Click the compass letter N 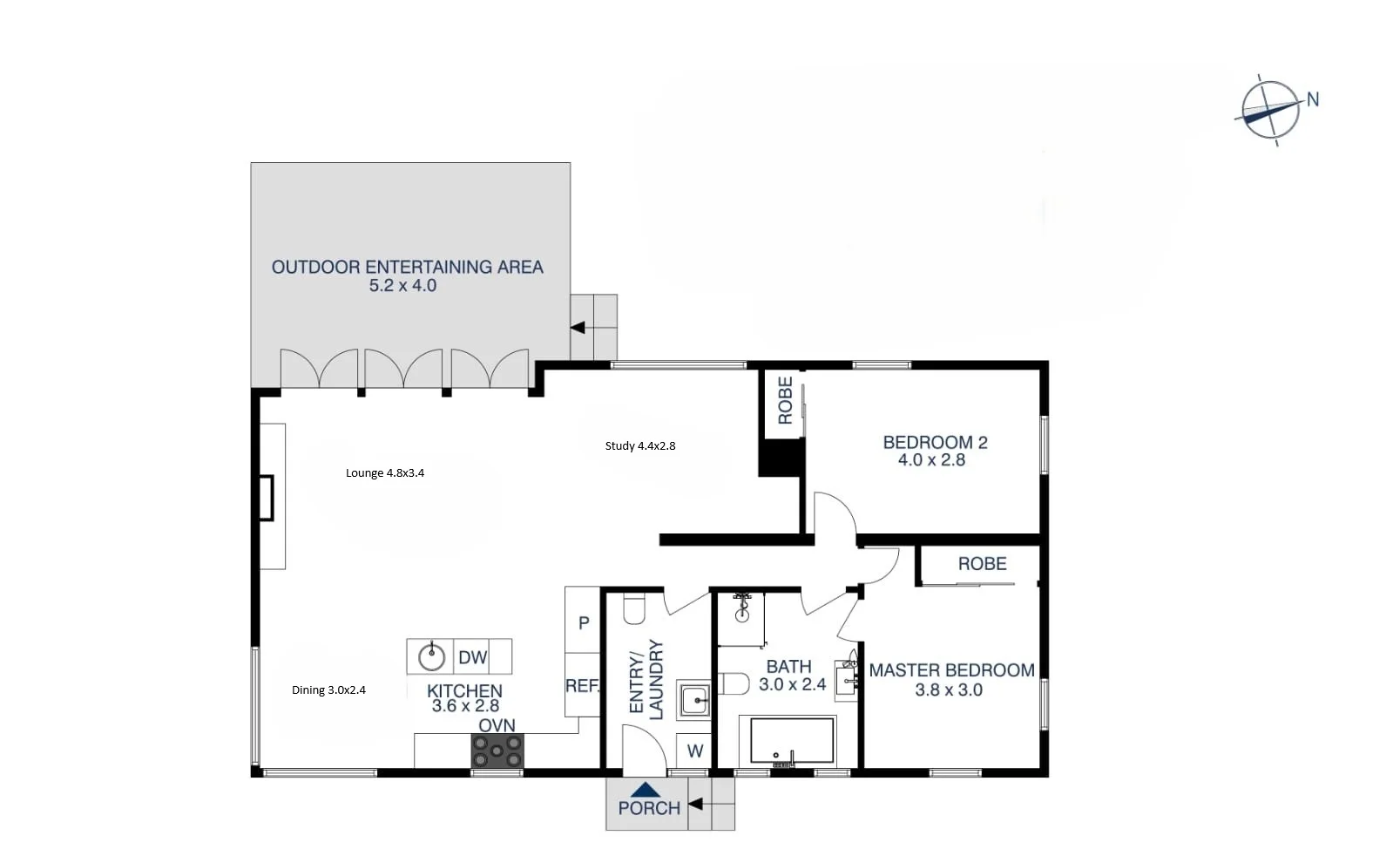click(x=1312, y=99)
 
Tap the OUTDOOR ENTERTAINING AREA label click(x=407, y=267)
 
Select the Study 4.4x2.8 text click(x=640, y=445)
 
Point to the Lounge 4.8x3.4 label click(x=385, y=472)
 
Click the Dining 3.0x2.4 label click(x=328, y=690)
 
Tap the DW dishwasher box click(x=473, y=657)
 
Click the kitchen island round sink click(x=431, y=656)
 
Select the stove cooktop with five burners click(x=497, y=751)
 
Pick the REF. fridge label click(x=582, y=686)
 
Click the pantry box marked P click(x=584, y=622)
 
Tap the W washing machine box click(x=694, y=751)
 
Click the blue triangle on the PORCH click(x=645, y=790)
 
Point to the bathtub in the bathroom click(x=788, y=741)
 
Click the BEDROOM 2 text click(x=935, y=442)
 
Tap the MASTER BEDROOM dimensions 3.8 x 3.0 click(x=948, y=690)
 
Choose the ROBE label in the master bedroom click(x=982, y=564)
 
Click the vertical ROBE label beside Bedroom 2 click(x=785, y=400)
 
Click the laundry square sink click(x=695, y=699)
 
